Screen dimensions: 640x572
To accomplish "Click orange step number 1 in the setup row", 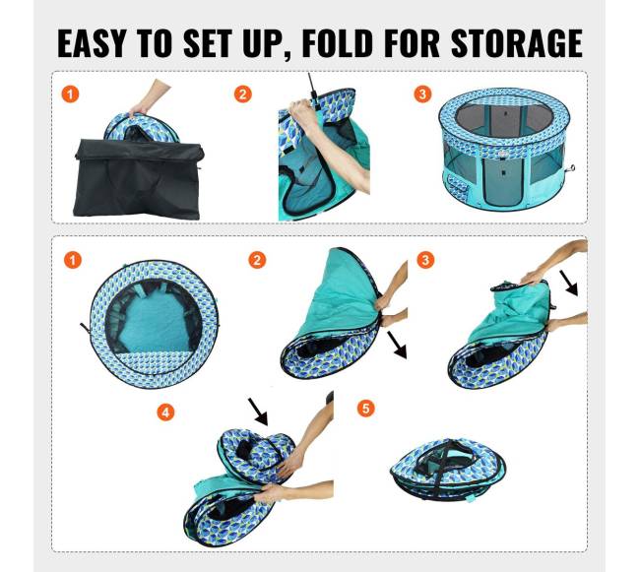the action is (x=70, y=95).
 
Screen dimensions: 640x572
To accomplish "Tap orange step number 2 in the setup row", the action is (x=243, y=95).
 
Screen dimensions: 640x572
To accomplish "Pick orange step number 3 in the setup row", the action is (x=422, y=94).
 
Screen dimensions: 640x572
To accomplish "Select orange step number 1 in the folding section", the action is (x=72, y=260).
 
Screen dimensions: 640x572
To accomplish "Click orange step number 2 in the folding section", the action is (x=257, y=260).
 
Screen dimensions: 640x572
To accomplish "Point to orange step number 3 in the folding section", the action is (x=425, y=260).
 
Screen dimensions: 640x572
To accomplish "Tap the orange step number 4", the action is (x=165, y=413).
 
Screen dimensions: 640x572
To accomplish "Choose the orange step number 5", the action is (x=365, y=408).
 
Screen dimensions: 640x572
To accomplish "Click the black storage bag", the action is (x=139, y=179).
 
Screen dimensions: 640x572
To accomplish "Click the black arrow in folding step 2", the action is (x=397, y=345).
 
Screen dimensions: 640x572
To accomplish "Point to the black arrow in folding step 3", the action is (x=568, y=283).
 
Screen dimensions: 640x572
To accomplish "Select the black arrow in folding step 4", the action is (x=258, y=413).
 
